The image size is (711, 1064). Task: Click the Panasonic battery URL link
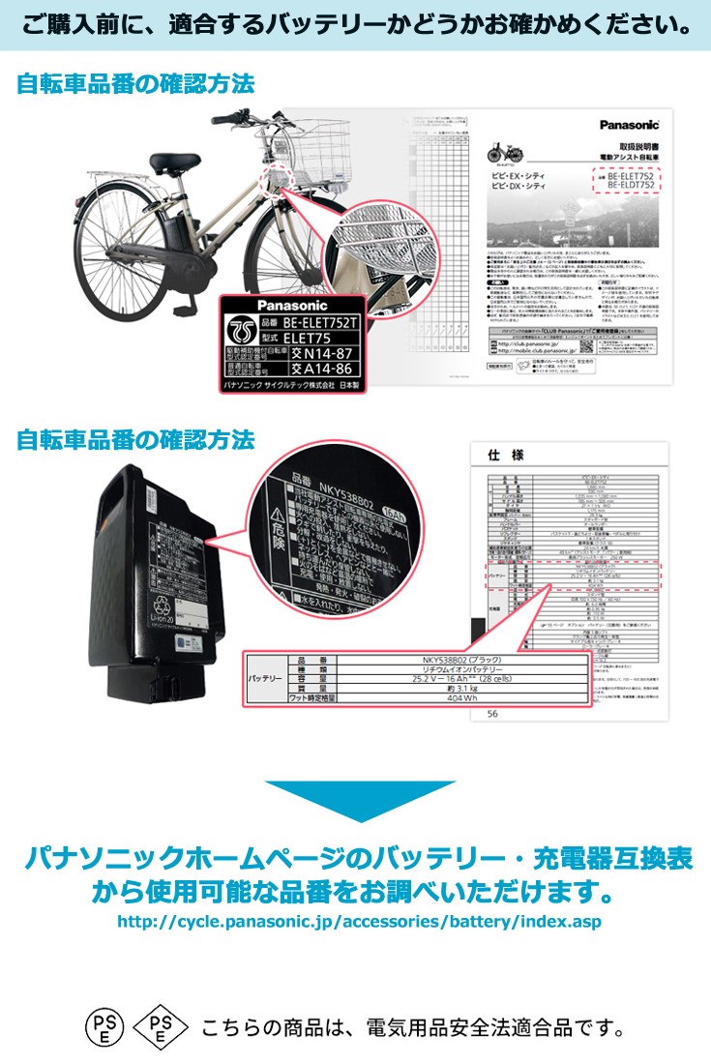pos(358,922)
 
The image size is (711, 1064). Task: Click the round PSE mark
pos(104,1026)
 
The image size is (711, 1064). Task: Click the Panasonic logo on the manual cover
pos(630,123)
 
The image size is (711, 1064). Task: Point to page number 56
pos(493,714)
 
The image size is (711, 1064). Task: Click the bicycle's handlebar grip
pos(221,120)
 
